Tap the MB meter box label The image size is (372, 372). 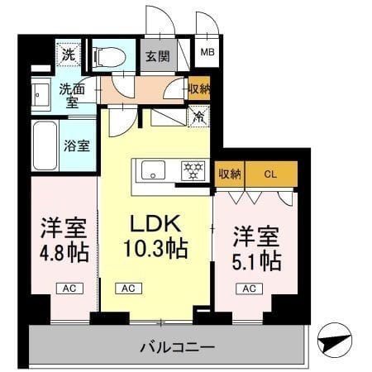(x=207, y=55)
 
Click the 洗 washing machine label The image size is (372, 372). (x=69, y=56)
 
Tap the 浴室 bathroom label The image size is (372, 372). (x=75, y=142)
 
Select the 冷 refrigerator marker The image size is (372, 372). (x=199, y=117)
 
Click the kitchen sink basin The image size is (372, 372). (x=154, y=171)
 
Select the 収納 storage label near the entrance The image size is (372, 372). (x=199, y=89)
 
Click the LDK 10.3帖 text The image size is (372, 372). (x=155, y=236)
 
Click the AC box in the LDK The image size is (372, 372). (x=127, y=288)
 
